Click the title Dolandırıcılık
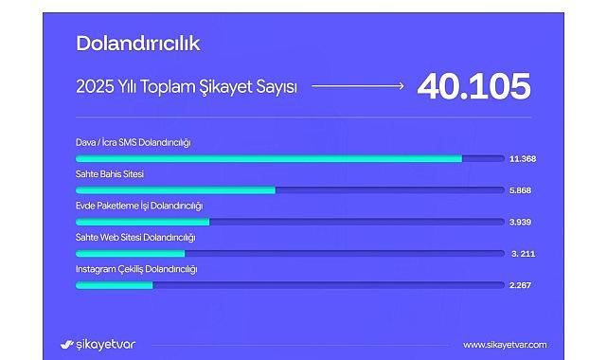pyautogui.click(x=137, y=43)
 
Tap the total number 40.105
pyautogui.click(x=473, y=87)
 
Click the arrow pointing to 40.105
pyautogui.click(x=358, y=86)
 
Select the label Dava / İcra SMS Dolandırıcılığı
pyautogui.click(x=134, y=142)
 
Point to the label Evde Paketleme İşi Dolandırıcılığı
pyautogui.click(x=139, y=206)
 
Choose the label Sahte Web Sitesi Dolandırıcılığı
pyautogui.click(x=135, y=237)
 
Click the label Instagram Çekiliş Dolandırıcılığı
pyautogui.click(x=136, y=269)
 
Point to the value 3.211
pyautogui.click(x=523, y=254)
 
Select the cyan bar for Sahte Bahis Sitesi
pyautogui.click(x=175, y=190)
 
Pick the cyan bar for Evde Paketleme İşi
pyautogui.click(x=142, y=222)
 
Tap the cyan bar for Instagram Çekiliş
pyautogui.click(x=114, y=285)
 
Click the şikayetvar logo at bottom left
pyautogui.click(x=98, y=344)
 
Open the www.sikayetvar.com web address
pyautogui.click(x=505, y=345)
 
